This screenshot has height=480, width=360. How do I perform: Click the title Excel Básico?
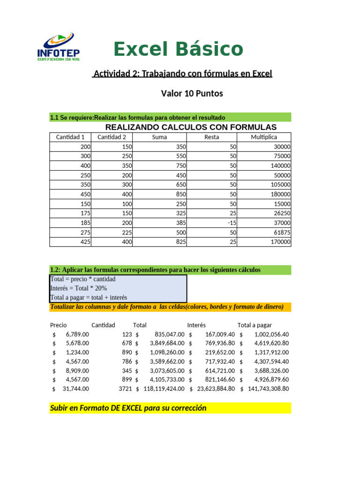[178, 49]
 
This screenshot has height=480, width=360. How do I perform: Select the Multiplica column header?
[264, 137]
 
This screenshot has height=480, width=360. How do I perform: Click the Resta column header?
[212, 137]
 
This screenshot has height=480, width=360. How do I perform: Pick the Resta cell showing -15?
[229, 223]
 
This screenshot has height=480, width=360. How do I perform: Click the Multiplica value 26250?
[280, 213]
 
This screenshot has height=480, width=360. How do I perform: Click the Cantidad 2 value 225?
[125, 232]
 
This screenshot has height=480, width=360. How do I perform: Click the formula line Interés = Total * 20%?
[78, 288]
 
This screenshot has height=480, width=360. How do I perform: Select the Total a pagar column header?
[255, 325]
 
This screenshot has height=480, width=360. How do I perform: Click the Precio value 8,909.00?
[77, 370]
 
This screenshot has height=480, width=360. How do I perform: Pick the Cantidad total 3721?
[126, 389]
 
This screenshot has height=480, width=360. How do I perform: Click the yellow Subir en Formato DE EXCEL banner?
[170, 408]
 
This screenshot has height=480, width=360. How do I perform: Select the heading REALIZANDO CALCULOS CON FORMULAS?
[191, 127]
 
